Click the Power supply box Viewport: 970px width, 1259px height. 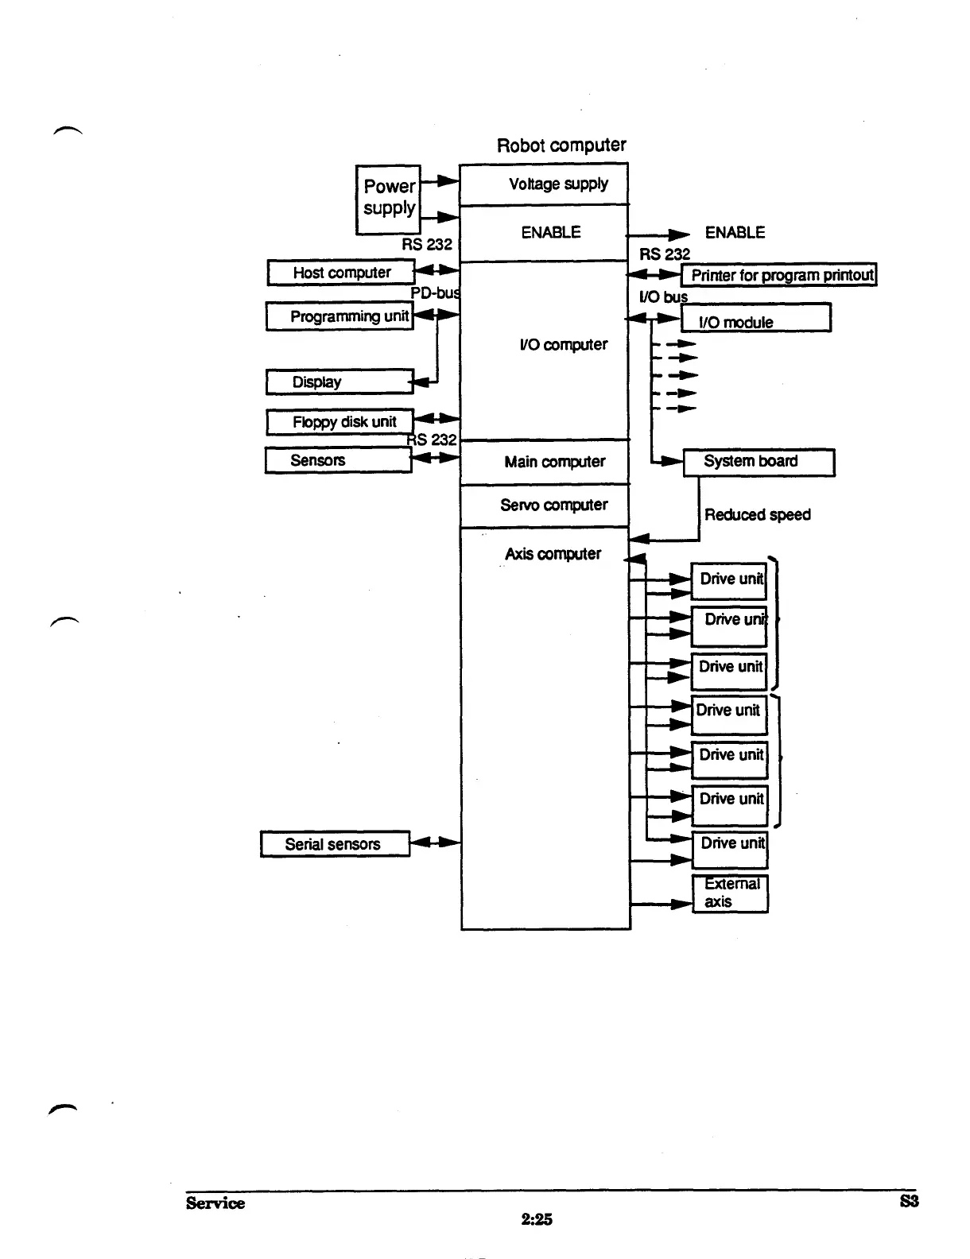point(388,199)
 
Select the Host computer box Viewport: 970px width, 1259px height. point(341,273)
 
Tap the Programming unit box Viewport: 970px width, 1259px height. point(339,316)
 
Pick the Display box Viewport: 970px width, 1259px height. point(339,382)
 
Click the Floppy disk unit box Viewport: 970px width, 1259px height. point(339,422)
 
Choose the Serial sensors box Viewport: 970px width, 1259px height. point(335,844)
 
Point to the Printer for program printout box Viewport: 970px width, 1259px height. point(779,275)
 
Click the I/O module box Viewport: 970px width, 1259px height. point(755,318)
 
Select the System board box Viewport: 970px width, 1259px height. point(759,462)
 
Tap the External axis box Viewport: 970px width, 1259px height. point(730,893)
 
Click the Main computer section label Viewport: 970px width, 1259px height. point(554,462)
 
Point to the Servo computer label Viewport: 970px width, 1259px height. point(553,505)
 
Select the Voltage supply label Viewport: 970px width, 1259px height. point(558,184)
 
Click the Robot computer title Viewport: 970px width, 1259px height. point(561,145)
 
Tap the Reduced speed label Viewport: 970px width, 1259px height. point(757,515)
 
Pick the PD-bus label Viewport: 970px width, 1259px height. point(435,292)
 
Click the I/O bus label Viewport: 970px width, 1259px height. point(663,296)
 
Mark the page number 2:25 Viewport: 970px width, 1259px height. point(537,1219)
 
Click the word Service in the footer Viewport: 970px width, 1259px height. point(215,1203)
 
